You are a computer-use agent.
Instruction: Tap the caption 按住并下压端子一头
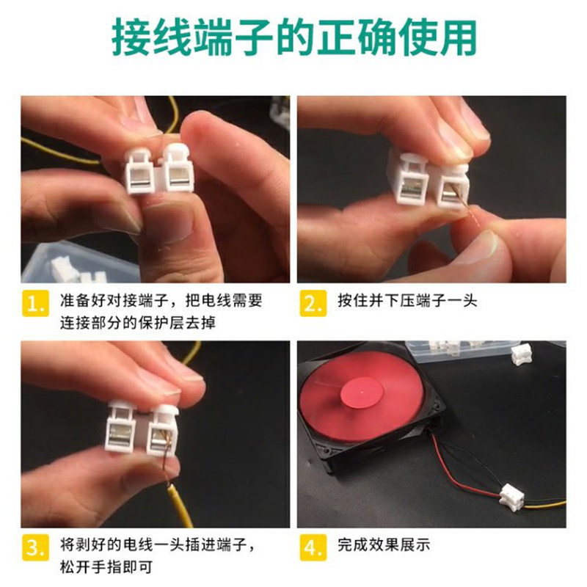(407, 302)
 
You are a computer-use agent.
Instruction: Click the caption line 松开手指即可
(106, 568)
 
